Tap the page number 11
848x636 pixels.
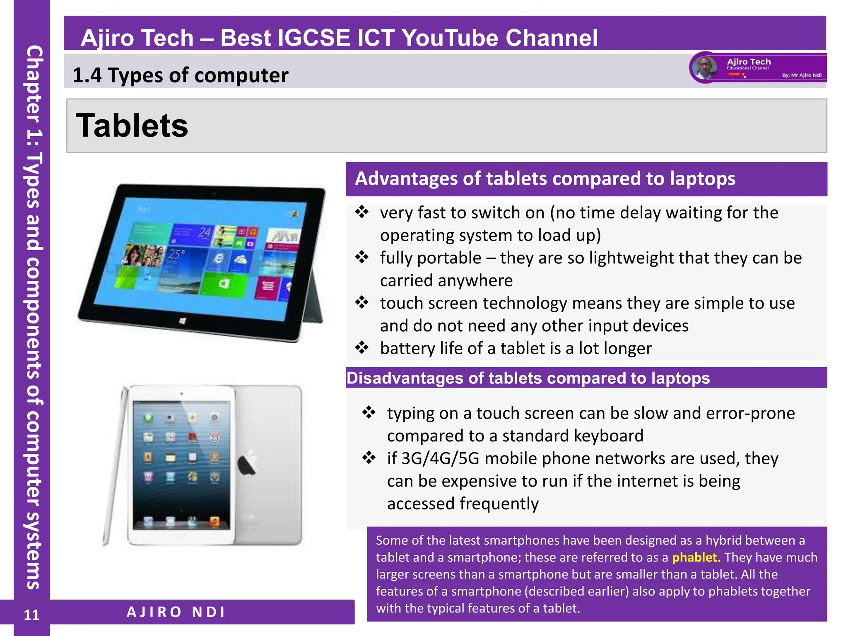[x=31, y=615]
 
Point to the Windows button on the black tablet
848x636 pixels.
[x=182, y=321]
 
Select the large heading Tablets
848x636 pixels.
[x=132, y=126]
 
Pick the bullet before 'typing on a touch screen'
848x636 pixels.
[x=369, y=412]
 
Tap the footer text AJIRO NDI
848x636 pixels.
[x=176, y=612]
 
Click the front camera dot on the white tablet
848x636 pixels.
[x=181, y=393]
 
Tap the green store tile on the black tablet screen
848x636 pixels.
[x=224, y=284]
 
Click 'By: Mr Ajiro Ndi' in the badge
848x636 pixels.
[x=802, y=75]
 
